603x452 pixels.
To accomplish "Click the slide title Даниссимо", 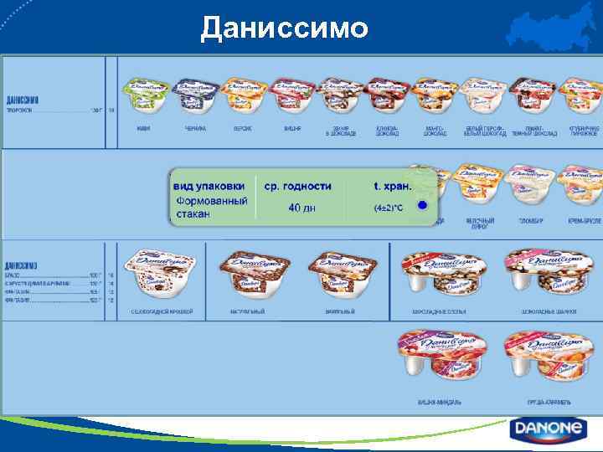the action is (x=284, y=28).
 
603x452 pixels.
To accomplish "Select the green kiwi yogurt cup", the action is (x=147, y=97).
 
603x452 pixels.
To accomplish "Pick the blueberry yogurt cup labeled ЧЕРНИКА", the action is (x=195, y=97).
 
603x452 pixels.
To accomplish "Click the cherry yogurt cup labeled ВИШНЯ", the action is (x=292, y=97).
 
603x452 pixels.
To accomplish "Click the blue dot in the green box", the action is (x=423, y=205).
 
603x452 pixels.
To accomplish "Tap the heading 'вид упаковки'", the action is (x=209, y=185).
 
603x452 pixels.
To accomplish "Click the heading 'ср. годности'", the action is (x=297, y=185).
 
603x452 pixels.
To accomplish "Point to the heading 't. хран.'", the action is (x=393, y=185).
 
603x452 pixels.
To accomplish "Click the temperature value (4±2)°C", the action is (x=393, y=207).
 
